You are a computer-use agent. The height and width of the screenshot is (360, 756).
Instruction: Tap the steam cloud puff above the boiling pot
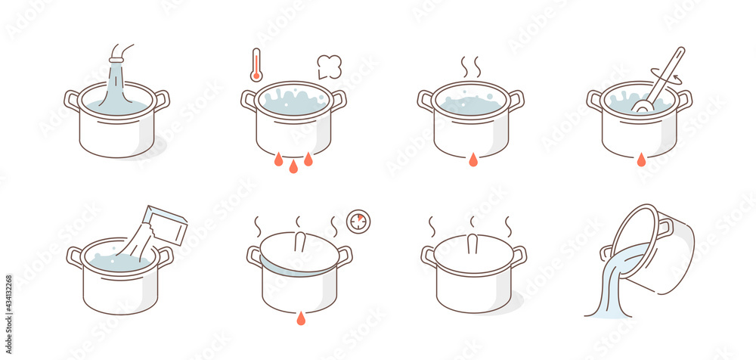tap(329, 67)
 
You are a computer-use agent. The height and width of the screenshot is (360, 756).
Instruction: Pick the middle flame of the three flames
tap(293, 166)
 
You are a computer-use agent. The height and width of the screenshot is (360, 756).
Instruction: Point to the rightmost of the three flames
tap(308, 159)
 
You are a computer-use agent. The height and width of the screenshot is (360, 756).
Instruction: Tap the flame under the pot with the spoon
tap(641, 159)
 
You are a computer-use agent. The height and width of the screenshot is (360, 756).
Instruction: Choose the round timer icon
tap(358, 221)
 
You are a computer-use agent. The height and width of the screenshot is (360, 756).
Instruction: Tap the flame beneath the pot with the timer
tap(301, 318)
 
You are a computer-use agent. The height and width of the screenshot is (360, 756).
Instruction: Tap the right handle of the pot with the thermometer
tap(338, 100)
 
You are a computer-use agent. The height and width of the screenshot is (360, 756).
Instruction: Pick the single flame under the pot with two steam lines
tap(472, 159)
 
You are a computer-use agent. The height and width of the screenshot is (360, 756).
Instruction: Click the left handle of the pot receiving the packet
tap(75, 257)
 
